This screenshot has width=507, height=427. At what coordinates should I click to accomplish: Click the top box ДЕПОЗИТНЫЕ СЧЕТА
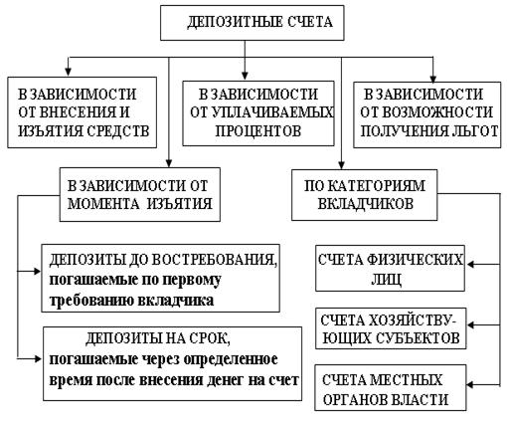point(253,23)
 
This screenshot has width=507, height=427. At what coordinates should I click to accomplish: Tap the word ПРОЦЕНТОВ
point(258,130)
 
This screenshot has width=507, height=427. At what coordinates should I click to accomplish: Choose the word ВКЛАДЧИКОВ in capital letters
point(366,203)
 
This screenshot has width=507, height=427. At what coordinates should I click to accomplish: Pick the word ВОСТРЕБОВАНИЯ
point(212,260)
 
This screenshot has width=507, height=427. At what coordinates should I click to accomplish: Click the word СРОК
point(210,338)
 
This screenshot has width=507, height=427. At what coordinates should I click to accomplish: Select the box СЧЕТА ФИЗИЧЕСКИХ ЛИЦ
point(390,269)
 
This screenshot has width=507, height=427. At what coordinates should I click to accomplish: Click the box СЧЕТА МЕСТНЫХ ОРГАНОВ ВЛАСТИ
point(391,388)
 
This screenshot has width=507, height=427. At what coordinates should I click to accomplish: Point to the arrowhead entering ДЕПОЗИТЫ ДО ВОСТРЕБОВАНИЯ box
point(37,271)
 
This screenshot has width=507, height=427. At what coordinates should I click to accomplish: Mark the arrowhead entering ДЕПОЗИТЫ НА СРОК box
point(38,358)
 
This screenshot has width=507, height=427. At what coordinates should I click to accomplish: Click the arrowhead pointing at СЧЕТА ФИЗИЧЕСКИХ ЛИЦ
point(470,265)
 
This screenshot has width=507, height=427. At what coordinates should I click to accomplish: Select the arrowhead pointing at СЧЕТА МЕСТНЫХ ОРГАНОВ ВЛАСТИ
point(471,385)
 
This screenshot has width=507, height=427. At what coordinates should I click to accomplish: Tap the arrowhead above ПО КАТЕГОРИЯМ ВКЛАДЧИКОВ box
point(342,165)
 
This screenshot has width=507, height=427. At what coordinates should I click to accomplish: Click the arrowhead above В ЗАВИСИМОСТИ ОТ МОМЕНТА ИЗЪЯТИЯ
point(169,162)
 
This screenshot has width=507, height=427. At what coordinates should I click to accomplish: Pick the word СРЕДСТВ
point(117,130)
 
